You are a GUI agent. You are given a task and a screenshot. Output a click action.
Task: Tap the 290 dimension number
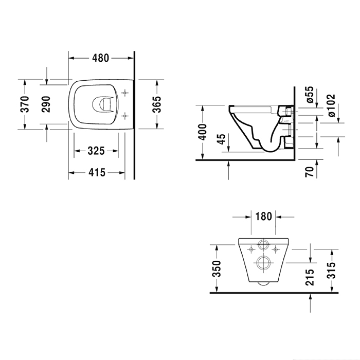(x=46, y=104)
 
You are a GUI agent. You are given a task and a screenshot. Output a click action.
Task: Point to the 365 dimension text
(x=157, y=104)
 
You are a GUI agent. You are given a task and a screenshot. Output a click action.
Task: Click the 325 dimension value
(x=96, y=151)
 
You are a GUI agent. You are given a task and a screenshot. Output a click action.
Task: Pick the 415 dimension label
(x=96, y=173)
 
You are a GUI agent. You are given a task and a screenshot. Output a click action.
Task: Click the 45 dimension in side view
(x=222, y=140)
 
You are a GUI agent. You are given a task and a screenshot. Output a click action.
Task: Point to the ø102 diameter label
(x=330, y=105)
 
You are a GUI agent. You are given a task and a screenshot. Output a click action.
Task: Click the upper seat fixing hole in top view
(x=123, y=93)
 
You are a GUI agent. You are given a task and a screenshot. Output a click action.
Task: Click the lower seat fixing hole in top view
(x=123, y=116)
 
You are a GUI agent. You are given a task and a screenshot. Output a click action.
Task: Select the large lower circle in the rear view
(x=265, y=262)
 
